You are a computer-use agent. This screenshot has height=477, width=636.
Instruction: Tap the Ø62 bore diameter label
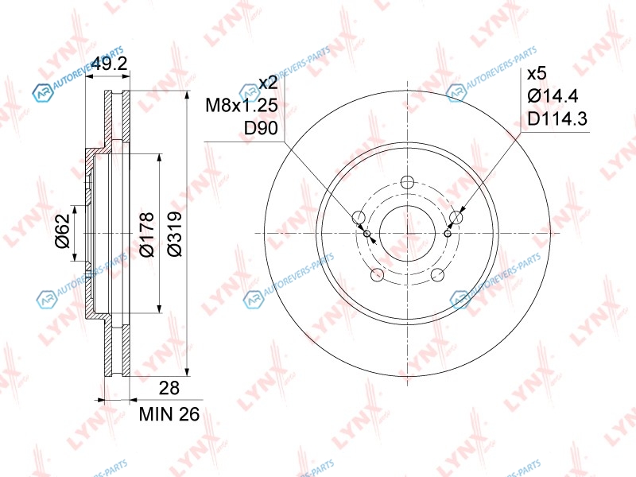point(63,231)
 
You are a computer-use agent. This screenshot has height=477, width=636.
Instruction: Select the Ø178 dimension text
point(146,234)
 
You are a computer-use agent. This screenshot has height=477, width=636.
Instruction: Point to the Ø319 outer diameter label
point(174,234)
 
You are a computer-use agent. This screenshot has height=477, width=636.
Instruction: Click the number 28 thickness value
point(169,388)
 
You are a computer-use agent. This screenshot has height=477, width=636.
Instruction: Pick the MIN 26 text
point(169,414)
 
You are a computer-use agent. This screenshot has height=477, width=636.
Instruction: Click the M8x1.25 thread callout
point(242,106)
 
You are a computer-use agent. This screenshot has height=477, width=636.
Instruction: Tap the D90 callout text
point(261,128)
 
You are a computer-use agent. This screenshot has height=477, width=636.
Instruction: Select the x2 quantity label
point(268,83)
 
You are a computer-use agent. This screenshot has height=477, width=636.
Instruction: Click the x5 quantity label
point(537,74)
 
